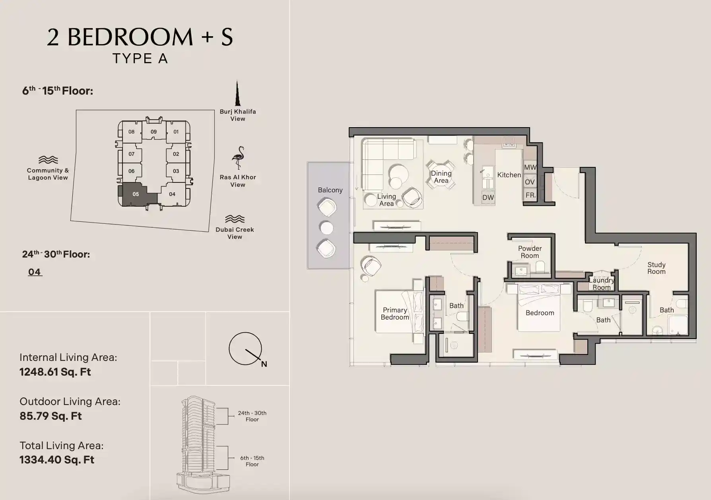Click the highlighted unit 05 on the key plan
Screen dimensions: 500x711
pos(135,194)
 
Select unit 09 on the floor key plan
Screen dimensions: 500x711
pos(153,132)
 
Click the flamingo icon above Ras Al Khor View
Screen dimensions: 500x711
pos(238,158)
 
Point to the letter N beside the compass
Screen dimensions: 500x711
pos(264,364)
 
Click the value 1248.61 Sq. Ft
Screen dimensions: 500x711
pos(55,372)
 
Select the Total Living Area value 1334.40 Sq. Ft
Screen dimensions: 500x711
pos(57,460)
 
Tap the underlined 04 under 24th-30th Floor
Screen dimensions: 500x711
pos(35,272)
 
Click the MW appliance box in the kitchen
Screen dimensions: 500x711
pos(530,167)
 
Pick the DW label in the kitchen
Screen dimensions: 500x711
pos(488,198)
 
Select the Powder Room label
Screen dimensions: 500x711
pos(530,252)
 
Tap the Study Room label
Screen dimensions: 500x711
pos(656,268)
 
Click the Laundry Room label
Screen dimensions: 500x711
pos(601,284)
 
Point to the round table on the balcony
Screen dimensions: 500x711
pos(326,228)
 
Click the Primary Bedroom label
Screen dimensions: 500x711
pos(394,314)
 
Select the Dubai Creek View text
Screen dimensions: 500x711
pos(235,233)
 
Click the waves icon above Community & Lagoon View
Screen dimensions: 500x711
pos(48,160)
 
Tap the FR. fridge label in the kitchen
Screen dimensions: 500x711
pos(530,195)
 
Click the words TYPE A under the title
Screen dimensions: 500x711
pos(140,58)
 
